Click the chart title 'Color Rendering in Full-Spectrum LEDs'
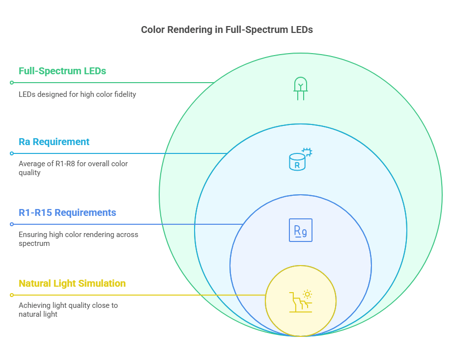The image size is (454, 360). coord(227,30)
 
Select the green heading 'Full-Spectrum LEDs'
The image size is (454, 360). coord(62,71)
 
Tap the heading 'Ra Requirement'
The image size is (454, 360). coord(54,142)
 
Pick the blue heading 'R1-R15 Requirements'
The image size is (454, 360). coord(67,212)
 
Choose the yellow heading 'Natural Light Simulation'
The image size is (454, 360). coord(72,283)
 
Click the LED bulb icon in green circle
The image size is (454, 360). coord(300,89)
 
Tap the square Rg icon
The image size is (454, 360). coord(300,230)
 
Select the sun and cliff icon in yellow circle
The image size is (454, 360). coord(300,301)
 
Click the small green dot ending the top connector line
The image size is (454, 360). coord(11,83)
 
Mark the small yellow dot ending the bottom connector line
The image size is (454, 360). coord(11,295)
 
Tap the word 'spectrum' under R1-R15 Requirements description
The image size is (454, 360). coord(34,243)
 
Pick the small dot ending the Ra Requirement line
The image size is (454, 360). coord(11,153)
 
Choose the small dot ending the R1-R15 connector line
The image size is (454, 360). coord(11,224)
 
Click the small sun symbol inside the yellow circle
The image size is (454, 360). coord(307,295)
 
